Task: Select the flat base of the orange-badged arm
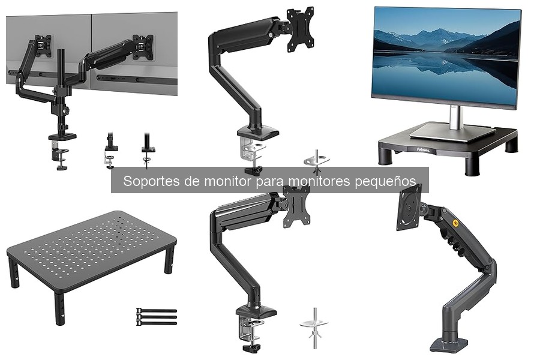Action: (x=449, y=345)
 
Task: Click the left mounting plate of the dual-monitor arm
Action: (x=43, y=46)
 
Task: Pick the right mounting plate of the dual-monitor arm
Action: (x=143, y=47)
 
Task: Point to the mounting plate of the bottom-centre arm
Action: (x=296, y=206)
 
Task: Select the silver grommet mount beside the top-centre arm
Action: (x=317, y=160)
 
